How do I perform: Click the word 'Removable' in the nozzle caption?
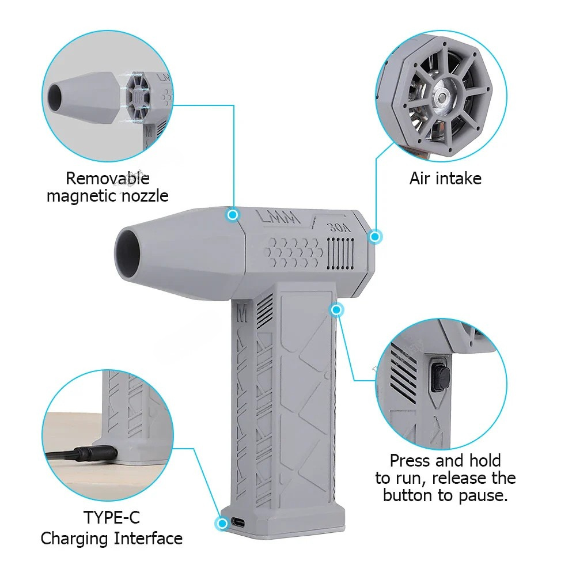click(x=107, y=178)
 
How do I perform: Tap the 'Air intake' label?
click(x=445, y=179)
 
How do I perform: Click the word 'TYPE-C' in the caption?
click(x=112, y=517)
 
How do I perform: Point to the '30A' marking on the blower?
click(x=339, y=227)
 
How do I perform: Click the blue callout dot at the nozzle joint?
click(x=233, y=215)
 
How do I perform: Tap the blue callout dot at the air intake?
click(x=375, y=236)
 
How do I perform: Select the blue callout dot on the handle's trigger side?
click(x=337, y=310)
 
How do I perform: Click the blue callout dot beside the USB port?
click(x=221, y=523)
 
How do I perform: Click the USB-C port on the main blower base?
click(x=238, y=522)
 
